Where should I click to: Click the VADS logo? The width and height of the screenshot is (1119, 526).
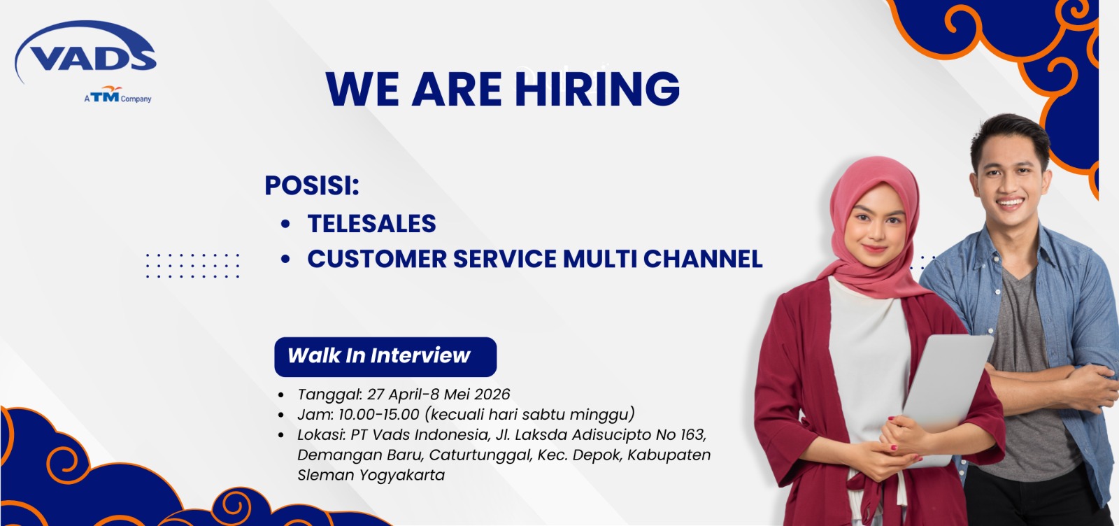(x=85, y=52)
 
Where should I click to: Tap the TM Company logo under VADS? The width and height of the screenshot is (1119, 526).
(x=118, y=94)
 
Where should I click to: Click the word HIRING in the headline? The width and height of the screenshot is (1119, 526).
(x=597, y=89)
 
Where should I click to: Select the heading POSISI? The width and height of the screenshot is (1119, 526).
(x=312, y=185)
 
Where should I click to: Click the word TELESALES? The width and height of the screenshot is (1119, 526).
(x=371, y=223)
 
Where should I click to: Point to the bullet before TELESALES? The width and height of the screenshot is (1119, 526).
(x=285, y=223)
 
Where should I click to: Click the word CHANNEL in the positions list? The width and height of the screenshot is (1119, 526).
(x=703, y=259)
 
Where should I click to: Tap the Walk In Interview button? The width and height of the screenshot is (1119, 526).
(x=385, y=357)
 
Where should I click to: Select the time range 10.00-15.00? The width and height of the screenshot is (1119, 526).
(x=378, y=414)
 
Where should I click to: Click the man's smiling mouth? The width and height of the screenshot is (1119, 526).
(x=1010, y=202)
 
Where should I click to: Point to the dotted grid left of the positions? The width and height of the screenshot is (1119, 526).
(x=192, y=265)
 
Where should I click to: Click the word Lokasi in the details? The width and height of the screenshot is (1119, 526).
(x=321, y=434)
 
